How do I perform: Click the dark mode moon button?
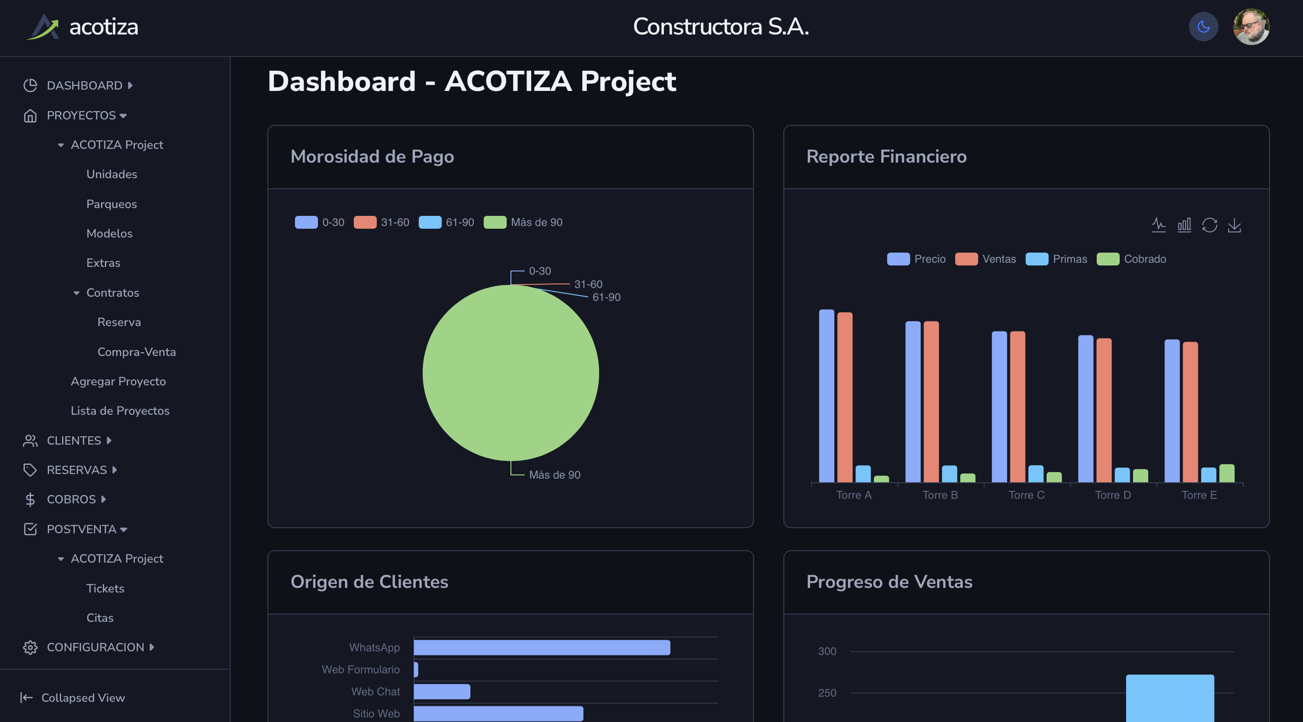pyautogui.click(x=1203, y=27)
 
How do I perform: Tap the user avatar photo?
pyautogui.click(x=1251, y=27)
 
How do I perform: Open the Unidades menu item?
pyautogui.click(x=111, y=175)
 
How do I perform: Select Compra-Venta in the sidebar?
pyautogui.click(x=136, y=352)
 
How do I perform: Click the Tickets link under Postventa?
pyautogui.click(x=105, y=588)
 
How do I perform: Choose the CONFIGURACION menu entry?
pyautogui.click(x=95, y=647)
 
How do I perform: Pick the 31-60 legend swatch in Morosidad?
pyautogui.click(x=365, y=222)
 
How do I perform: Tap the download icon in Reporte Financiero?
pyautogui.click(x=1234, y=225)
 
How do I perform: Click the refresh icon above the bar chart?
pyautogui.click(x=1209, y=225)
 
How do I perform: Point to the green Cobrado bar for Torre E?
pyautogui.click(x=1227, y=473)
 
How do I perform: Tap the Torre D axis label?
pyautogui.click(x=1113, y=495)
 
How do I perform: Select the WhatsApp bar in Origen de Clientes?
pyautogui.click(x=541, y=648)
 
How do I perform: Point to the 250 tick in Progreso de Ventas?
pyautogui.click(x=827, y=693)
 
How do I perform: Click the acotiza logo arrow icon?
pyautogui.click(x=45, y=27)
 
